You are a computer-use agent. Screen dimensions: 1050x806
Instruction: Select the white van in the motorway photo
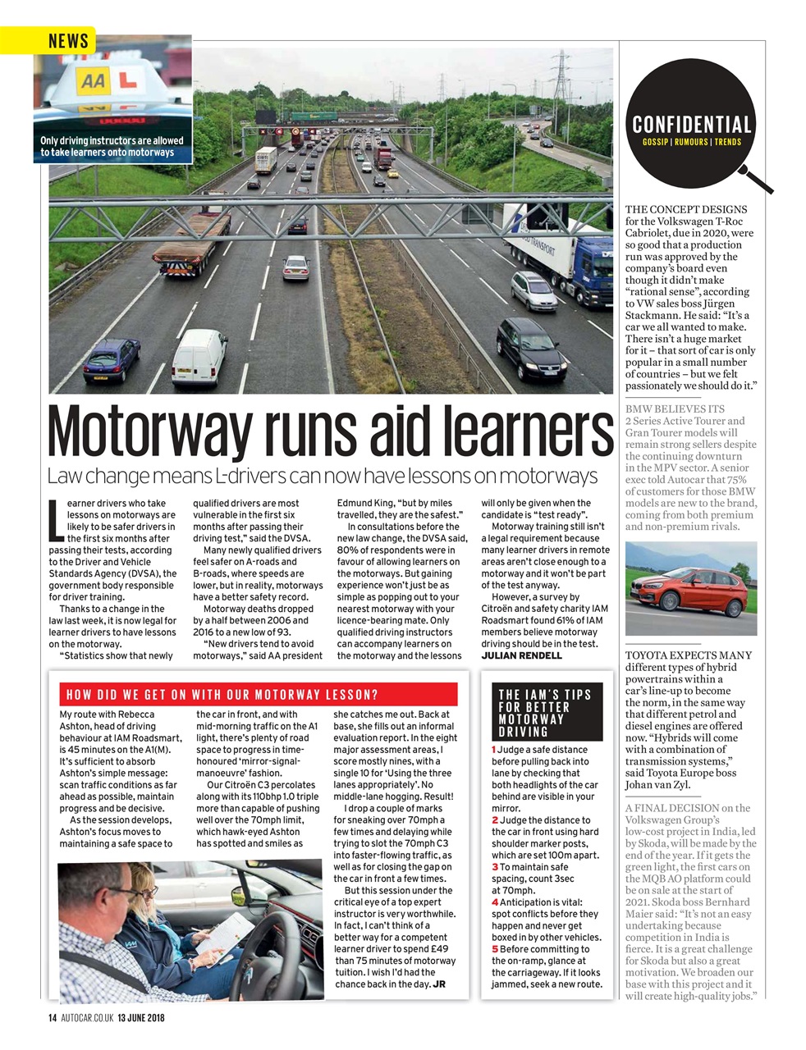point(200,358)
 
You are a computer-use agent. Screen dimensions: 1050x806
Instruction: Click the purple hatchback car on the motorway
point(112,360)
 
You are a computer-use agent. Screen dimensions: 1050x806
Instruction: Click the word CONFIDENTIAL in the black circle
point(691,126)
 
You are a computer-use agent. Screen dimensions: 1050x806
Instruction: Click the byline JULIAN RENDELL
point(522,655)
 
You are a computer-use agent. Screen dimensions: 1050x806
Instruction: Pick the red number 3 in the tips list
point(495,867)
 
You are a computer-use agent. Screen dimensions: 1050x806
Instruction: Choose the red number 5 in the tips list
point(495,949)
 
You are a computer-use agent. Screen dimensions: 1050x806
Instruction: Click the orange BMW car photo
point(690,589)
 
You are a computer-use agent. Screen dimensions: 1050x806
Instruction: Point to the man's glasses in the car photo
point(123,893)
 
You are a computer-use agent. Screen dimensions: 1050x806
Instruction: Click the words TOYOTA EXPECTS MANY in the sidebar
point(689,655)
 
